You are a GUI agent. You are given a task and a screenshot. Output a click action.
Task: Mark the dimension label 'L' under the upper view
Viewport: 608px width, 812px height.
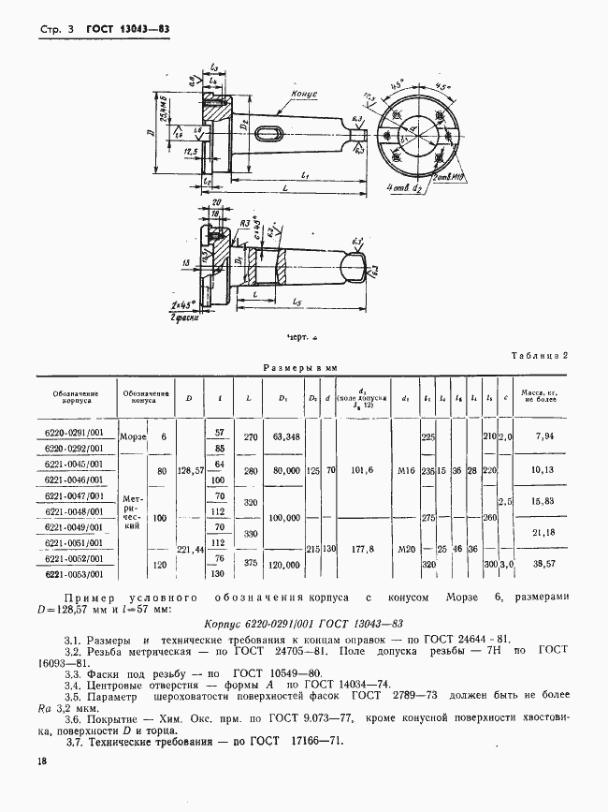pos(283,188)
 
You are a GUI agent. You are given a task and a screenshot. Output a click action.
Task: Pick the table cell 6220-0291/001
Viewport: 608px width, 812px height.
pos(75,435)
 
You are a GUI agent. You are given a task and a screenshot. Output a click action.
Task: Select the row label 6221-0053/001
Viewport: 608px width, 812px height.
pos(75,574)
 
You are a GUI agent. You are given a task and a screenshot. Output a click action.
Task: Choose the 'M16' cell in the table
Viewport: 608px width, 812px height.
pos(404,471)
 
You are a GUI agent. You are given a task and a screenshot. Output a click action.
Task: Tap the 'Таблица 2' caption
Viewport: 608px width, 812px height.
pos(541,355)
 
